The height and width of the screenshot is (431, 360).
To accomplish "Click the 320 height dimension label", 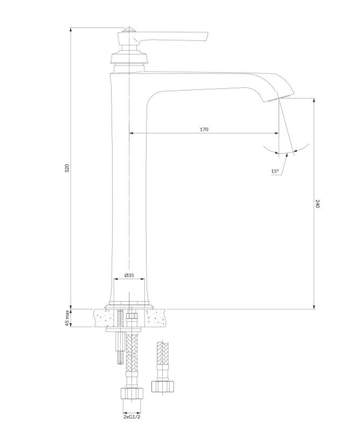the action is coord(67,168).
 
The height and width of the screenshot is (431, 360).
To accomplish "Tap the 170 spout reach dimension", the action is coord(204,129).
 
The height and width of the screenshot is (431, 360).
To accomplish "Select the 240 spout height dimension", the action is coord(317,204).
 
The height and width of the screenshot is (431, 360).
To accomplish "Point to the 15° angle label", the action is coord(275,171).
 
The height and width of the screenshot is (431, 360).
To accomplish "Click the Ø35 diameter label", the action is coord(129,275).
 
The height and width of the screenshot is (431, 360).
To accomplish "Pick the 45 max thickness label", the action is coord(67,318).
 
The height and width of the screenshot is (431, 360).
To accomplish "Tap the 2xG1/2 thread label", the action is coord(131,417).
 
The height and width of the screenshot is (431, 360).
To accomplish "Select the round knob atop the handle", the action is coord(129,30).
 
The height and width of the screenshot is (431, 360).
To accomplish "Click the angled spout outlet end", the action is coord(279,98).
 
